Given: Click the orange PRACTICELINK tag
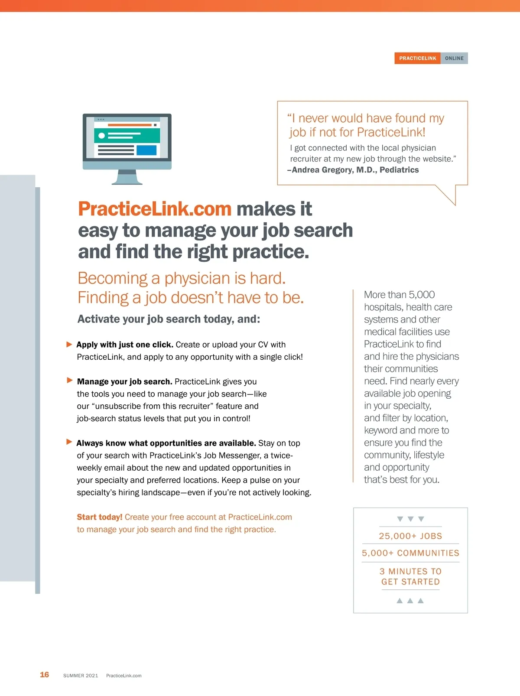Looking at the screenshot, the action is (x=417, y=58).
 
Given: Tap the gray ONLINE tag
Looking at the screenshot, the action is (x=454, y=58).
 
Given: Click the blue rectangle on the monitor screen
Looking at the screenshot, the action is (x=146, y=150).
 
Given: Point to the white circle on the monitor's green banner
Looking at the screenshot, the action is (x=101, y=136).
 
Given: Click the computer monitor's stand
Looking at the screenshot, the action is (x=127, y=177).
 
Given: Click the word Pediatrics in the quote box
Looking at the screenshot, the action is (x=399, y=170).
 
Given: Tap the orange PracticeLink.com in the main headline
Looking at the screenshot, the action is (x=155, y=209).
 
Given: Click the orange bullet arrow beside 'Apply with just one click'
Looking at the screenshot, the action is (x=69, y=345).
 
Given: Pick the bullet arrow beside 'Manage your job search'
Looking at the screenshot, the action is (x=70, y=380).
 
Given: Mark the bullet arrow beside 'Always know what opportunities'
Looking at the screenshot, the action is (x=69, y=442).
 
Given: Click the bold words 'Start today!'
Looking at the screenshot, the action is (x=100, y=517).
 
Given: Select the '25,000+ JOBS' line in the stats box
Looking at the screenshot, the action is (x=410, y=536).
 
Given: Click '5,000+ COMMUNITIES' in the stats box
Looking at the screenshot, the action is (x=410, y=553).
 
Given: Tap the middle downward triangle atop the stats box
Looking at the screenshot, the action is (x=411, y=519).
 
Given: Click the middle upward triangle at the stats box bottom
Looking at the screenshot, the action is (x=410, y=601).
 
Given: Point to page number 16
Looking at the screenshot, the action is (x=44, y=674).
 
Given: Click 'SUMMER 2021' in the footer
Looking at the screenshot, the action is (x=81, y=676).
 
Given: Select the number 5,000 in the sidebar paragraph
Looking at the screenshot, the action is (x=421, y=295).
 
